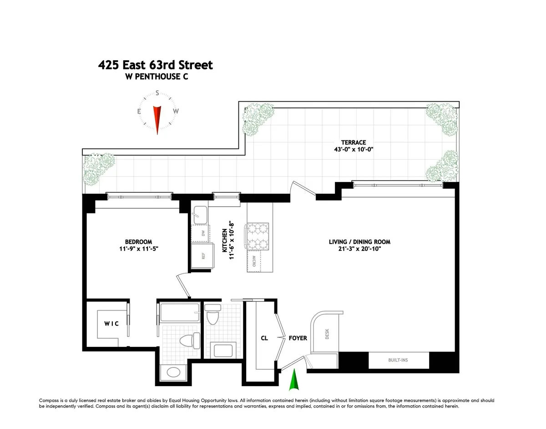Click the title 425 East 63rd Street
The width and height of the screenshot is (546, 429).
[156, 65]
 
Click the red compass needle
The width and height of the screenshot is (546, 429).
[157, 119]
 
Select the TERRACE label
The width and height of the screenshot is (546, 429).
[354, 142]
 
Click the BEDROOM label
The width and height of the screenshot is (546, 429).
[138, 242]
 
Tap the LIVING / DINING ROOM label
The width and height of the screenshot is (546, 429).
[359, 242]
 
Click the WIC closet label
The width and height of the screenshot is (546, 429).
[111, 324]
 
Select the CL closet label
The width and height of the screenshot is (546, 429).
[264, 338]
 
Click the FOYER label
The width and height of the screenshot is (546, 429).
[298, 338]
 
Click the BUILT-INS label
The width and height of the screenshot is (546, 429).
[398, 360]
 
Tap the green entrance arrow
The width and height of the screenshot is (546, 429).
[294, 380]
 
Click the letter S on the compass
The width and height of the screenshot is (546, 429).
[157, 93]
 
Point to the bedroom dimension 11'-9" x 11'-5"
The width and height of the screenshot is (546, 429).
[138, 249]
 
